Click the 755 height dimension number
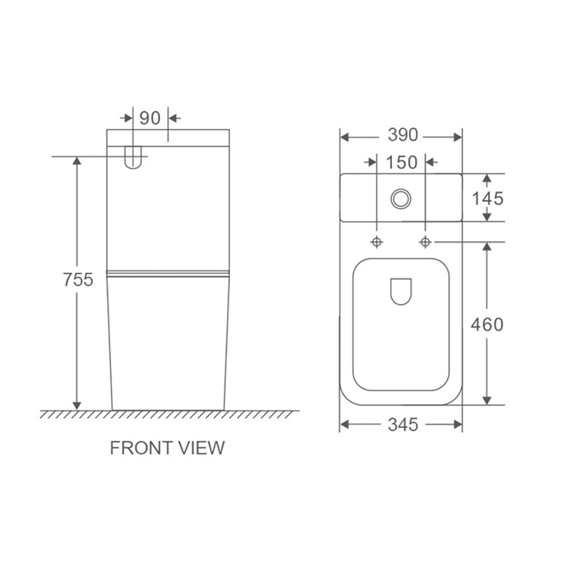tap(78, 279)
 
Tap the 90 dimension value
tap(150, 118)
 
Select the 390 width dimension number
tap(403, 135)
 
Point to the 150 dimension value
tap(401, 163)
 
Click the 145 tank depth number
tap(487, 198)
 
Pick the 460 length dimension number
tap(487, 325)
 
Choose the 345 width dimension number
tap(403, 425)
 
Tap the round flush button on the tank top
tap(400, 199)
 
